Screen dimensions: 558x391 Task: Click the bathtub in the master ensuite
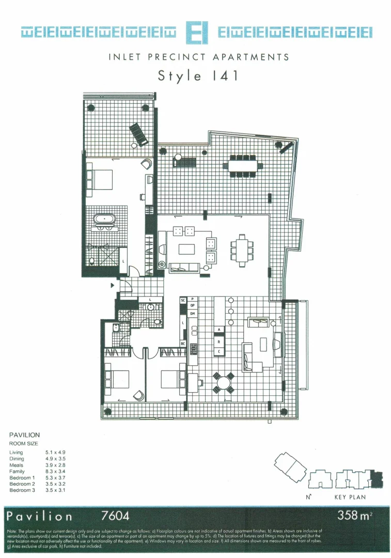[105, 219]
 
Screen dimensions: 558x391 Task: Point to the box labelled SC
[183, 300]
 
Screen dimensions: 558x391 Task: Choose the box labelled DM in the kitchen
[193, 314]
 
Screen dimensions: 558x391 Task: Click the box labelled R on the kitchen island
[219, 342]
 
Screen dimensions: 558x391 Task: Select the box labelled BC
[183, 344]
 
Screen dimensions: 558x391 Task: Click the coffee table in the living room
[186, 249]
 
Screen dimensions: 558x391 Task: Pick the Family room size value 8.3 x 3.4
[55, 471]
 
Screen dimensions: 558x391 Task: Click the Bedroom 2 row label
[22, 484]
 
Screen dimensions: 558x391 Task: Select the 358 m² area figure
[354, 515]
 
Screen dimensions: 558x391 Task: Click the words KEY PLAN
[350, 498]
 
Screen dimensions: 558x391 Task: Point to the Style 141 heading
[198, 75]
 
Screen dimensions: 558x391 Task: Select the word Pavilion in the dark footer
[40, 516]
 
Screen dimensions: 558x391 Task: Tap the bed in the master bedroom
[102, 179]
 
